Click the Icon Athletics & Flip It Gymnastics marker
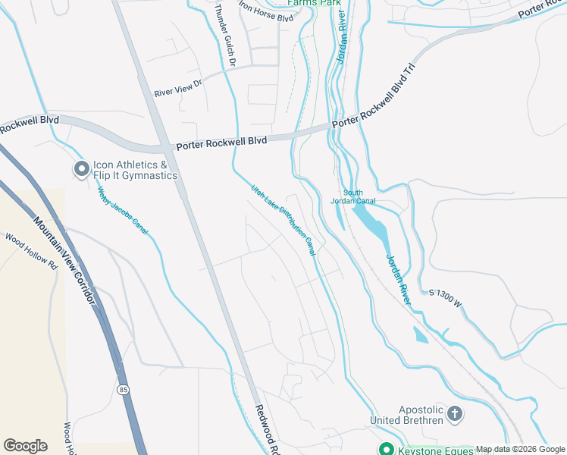(80, 170)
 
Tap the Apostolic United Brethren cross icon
(455, 413)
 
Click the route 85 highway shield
(123, 389)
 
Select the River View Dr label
(180, 89)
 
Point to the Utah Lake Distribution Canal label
(283, 218)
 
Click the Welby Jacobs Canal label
(122, 213)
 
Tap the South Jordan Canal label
(353, 196)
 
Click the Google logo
(25, 446)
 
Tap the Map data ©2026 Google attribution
(520, 449)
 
